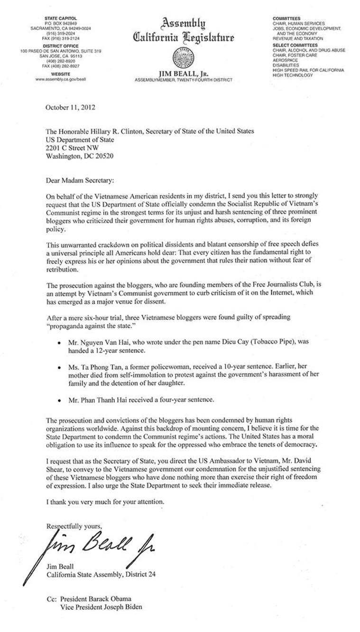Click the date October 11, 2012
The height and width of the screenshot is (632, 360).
70,107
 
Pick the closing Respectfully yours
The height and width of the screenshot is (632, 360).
74,525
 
